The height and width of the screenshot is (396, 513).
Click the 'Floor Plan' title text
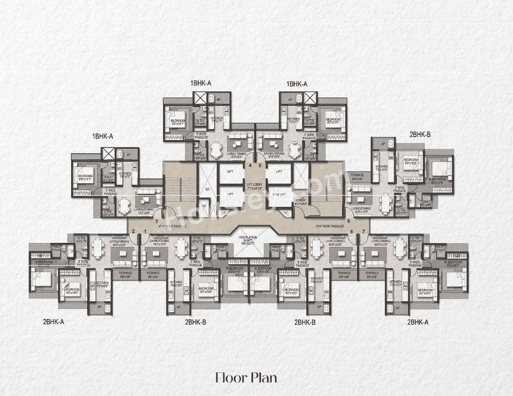[x=246, y=377]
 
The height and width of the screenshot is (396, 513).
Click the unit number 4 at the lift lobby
[x=250, y=166]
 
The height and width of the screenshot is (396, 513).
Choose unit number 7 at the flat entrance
[x=364, y=231]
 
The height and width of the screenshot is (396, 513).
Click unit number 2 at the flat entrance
[x=133, y=231]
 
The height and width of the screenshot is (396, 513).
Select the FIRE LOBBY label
[x=299, y=201]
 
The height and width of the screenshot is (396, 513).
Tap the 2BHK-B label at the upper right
[x=420, y=134]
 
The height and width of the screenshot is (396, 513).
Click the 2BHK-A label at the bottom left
[x=53, y=322]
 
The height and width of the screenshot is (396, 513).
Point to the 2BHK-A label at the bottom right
[x=418, y=322]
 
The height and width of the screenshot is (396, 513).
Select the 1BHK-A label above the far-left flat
[x=103, y=136]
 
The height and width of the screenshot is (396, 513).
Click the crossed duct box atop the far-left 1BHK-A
[x=109, y=154]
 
